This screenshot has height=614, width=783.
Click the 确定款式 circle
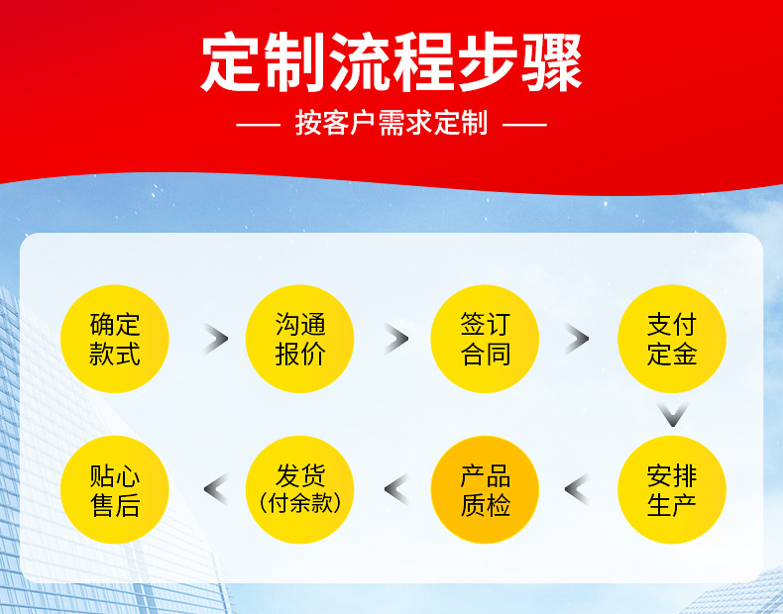click(x=115, y=339)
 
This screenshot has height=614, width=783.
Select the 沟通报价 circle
click(x=300, y=339)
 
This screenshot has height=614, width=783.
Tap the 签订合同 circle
click(x=485, y=339)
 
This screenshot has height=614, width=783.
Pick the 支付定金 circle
click(x=672, y=339)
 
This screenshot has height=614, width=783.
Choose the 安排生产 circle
click(x=672, y=489)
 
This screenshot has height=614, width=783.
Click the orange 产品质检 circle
click(x=485, y=489)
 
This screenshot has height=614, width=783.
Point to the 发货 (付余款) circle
click(x=300, y=489)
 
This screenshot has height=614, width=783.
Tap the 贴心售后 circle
click(x=115, y=489)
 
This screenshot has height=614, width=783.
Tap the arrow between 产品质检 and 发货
click(x=395, y=489)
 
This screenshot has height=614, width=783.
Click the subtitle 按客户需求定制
click(x=391, y=125)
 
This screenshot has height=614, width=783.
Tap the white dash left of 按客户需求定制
click(x=261, y=126)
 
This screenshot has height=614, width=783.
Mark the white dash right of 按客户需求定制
click(x=524, y=126)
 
